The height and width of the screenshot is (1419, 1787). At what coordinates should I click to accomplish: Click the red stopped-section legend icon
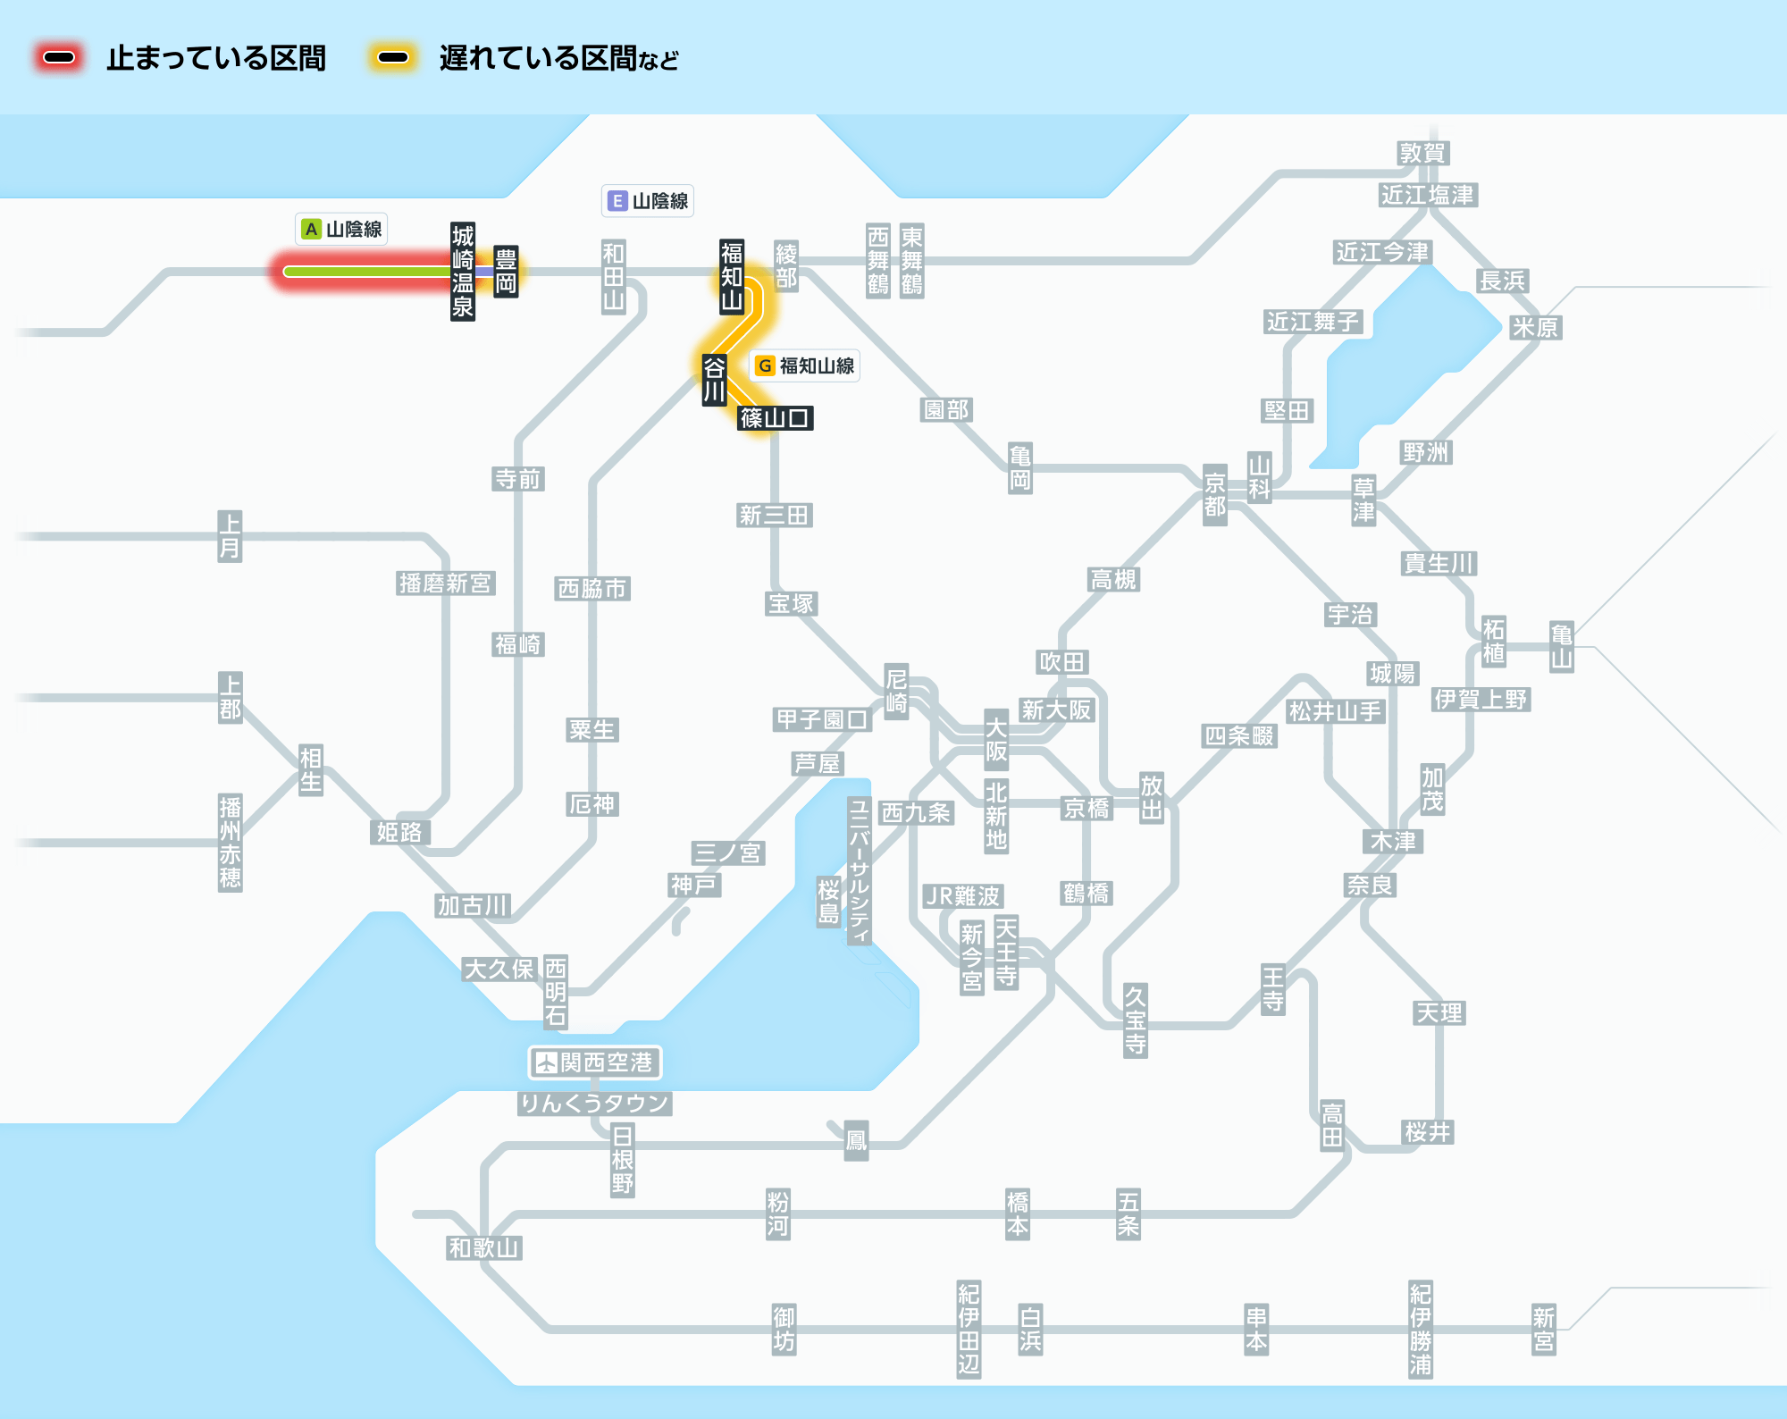(x=59, y=58)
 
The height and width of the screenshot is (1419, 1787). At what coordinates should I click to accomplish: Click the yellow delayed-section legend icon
(x=393, y=58)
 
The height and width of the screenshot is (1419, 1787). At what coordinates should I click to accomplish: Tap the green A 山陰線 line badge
(x=341, y=230)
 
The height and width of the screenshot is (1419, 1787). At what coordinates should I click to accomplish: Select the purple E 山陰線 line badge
(x=648, y=201)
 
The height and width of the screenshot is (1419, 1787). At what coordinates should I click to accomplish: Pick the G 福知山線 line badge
(x=804, y=365)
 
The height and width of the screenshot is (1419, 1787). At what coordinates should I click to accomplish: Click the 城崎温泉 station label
(x=462, y=272)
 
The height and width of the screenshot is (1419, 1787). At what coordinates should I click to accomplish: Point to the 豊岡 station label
(x=506, y=272)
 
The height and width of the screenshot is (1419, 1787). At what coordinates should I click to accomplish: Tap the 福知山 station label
(x=732, y=276)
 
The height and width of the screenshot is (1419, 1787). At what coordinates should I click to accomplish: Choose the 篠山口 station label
(x=775, y=417)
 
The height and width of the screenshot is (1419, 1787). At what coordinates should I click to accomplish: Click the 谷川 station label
(x=714, y=380)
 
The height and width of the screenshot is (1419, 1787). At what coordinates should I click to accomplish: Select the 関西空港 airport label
(x=595, y=1062)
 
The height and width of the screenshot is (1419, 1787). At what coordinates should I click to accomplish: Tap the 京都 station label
(x=1214, y=495)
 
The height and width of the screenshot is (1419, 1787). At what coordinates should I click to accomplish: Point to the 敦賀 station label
(x=1422, y=153)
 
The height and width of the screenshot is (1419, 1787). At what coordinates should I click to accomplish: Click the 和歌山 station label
(x=483, y=1247)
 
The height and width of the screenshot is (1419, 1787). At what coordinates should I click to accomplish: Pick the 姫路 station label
(x=399, y=832)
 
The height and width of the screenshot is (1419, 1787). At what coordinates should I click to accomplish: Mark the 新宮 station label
(x=1543, y=1330)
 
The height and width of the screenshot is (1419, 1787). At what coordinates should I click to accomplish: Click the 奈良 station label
(x=1370, y=885)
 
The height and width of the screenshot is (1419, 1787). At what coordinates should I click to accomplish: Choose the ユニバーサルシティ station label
(x=859, y=870)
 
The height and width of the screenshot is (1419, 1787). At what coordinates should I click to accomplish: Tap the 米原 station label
(x=1534, y=327)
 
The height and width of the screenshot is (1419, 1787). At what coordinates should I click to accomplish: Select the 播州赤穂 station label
(x=230, y=842)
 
